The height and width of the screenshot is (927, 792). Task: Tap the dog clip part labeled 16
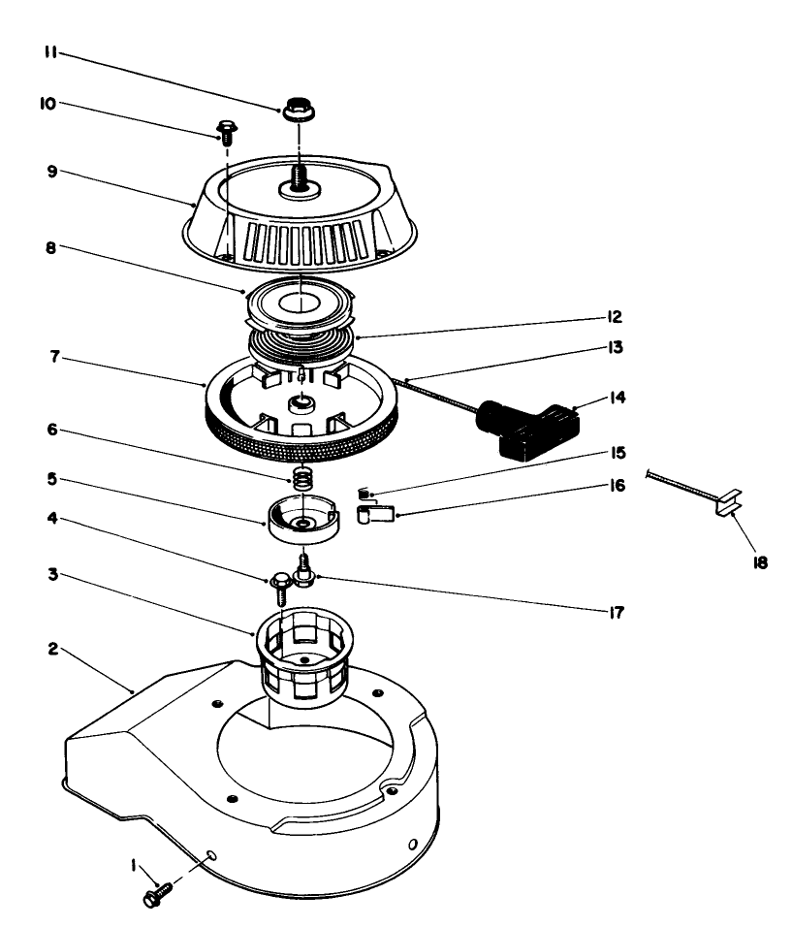[375, 514]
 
